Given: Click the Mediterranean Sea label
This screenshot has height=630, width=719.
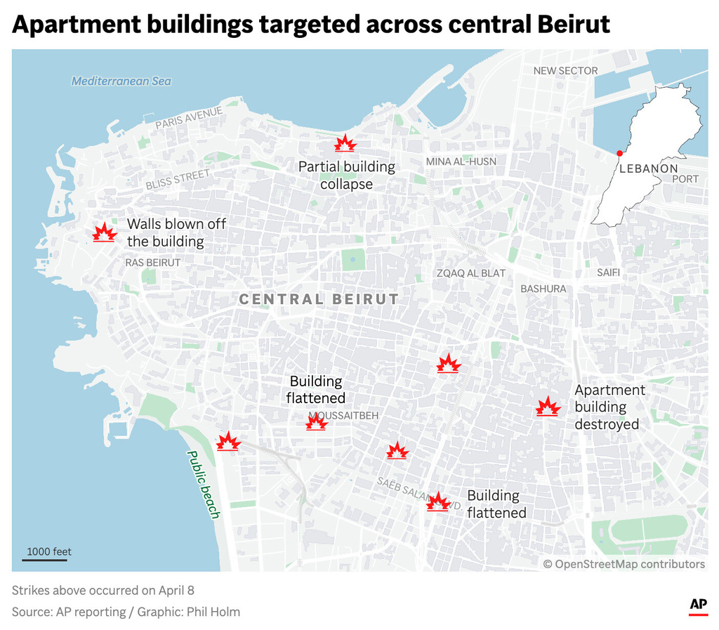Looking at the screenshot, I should point(121,81).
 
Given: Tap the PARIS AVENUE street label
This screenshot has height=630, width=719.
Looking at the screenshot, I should point(189,117).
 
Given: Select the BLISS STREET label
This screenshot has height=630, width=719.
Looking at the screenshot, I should point(178,180).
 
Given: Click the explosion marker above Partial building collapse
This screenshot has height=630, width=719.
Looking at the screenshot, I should point(345,144).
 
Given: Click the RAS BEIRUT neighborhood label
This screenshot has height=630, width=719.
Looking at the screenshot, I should point(152,263).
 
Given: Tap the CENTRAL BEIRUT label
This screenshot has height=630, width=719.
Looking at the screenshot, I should point(319,299).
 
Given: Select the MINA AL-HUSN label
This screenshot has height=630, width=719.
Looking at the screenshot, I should point(461,162).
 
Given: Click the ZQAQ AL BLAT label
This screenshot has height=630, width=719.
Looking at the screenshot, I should point(470,273).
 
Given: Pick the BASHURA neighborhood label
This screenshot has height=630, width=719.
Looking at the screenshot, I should point(543,289).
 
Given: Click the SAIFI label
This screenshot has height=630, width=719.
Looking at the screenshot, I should point(608,272).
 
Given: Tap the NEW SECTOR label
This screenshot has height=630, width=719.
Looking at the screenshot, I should point(565,70).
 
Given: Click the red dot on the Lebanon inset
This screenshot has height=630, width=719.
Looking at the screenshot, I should point(619,153).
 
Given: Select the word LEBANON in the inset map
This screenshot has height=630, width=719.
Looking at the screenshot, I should point(648,169).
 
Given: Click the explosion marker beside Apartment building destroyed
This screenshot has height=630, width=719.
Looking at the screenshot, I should point(547,407).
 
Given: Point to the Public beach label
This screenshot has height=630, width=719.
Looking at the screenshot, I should point(203,485).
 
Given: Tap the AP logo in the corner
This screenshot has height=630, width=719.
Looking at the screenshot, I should point(697,605).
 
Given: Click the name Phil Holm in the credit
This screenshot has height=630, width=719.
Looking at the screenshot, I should point(213,612).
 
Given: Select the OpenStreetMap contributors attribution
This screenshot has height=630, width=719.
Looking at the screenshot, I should point(624,564).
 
